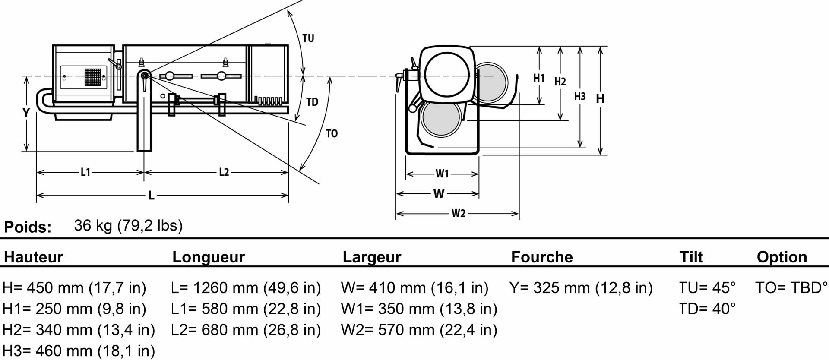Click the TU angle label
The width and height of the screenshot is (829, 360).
308,38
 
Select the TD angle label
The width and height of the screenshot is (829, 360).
312,102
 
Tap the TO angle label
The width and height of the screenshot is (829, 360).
332,134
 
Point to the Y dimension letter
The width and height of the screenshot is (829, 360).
26,113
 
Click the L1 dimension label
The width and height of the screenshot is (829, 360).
85,173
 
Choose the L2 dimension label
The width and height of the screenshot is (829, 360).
224,173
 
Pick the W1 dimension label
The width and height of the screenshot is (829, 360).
442,174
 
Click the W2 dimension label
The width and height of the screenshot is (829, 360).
459,213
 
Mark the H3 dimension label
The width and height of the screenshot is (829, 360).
580,96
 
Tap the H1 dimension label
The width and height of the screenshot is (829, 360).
539,78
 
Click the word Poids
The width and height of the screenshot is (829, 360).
28,227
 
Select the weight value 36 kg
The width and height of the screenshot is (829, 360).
93,225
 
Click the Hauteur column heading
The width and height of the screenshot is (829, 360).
34,257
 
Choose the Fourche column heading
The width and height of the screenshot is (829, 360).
542,257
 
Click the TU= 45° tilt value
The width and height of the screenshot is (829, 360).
707,288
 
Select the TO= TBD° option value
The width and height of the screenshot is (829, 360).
791,288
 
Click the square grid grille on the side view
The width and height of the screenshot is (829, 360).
92,77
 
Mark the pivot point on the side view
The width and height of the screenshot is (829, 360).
144,76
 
